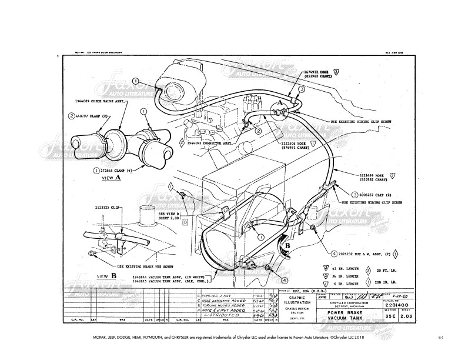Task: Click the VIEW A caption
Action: (x=111, y=177)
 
